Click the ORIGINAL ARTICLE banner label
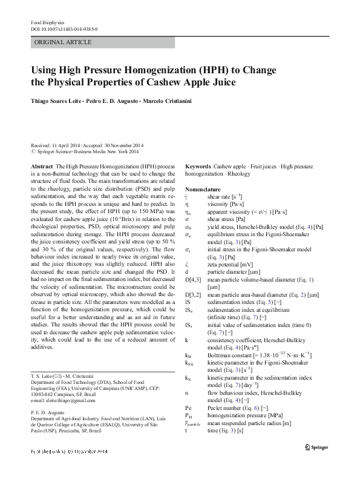pyautogui.click(x=64, y=42)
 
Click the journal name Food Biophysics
pyautogui.click(x=48, y=22)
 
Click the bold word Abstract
pyautogui.click(x=41, y=165)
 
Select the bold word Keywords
pyautogui.click(x=198, y=165)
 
